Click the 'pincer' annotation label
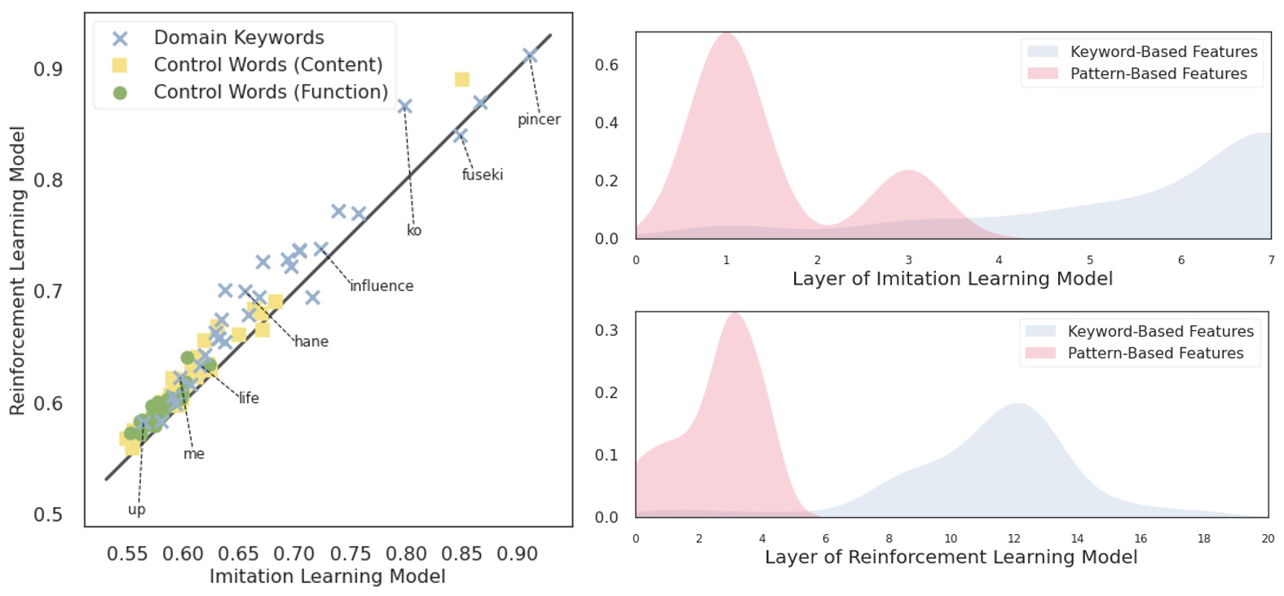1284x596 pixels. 539,120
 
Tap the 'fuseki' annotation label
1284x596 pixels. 482,174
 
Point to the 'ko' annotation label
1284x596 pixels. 414,231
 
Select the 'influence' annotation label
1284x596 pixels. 382,286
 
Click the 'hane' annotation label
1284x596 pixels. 311,342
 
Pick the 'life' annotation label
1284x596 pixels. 249,398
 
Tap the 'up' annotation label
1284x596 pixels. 137,510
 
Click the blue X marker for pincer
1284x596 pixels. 530,55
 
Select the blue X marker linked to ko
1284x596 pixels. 404,106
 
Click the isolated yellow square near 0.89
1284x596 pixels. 462,79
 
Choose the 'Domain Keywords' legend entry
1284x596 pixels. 239,38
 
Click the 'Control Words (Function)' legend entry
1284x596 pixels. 271,92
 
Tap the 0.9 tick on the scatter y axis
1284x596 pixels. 48,69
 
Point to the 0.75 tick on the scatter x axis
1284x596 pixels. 350,554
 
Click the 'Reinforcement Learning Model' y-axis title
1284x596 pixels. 17,271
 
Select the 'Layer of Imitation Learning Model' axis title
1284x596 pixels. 952,279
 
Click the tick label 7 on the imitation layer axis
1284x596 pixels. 1270,260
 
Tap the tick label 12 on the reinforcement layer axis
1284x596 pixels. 1013,539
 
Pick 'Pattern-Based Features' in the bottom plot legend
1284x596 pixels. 1155,353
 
